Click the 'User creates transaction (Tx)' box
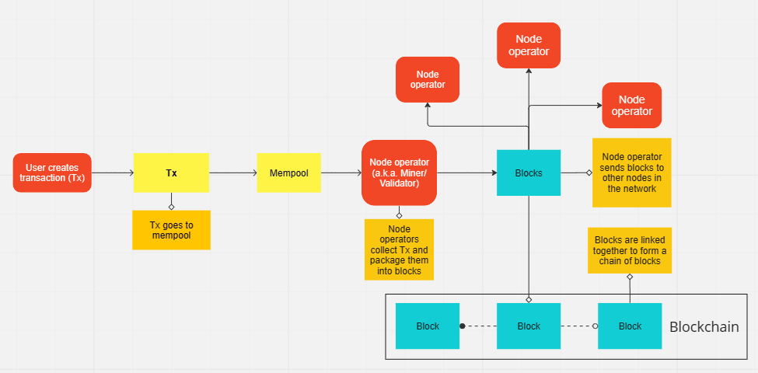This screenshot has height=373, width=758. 52,173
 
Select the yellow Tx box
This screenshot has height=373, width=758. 171,173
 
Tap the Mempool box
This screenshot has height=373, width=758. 289,173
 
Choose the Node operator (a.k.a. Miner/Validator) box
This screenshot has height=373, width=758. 399,173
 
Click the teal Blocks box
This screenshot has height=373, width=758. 529,173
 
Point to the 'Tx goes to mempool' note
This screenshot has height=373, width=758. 171,230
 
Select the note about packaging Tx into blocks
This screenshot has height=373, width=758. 399,249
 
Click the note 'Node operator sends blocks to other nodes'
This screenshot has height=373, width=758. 632,173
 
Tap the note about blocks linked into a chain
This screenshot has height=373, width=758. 629,250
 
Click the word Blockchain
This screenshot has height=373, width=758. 704,327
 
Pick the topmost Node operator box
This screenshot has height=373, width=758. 529,45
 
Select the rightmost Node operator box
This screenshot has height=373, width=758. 631,106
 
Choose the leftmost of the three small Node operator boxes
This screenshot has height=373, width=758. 427,79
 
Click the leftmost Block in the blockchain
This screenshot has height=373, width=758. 428,326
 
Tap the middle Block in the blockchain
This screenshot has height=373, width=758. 529,326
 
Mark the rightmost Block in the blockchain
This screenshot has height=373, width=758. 630,326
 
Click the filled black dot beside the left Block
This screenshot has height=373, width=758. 463,326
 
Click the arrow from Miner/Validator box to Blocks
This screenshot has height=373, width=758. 466,173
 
